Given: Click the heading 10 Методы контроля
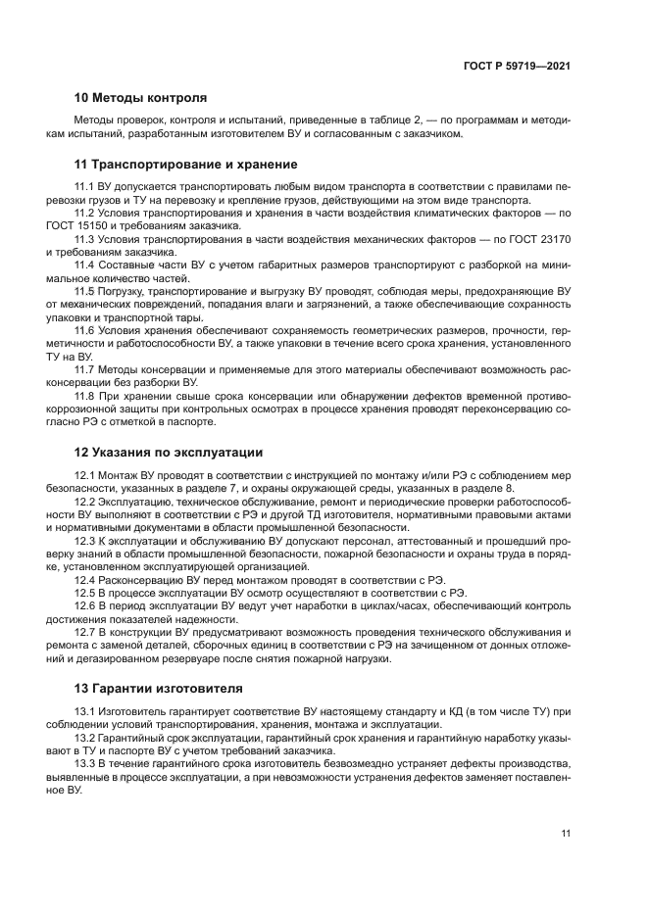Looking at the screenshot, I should pyautogui.click(x=140, y=98).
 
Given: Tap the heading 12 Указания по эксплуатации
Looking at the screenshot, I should pyautogui.click(x=169, y=453).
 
